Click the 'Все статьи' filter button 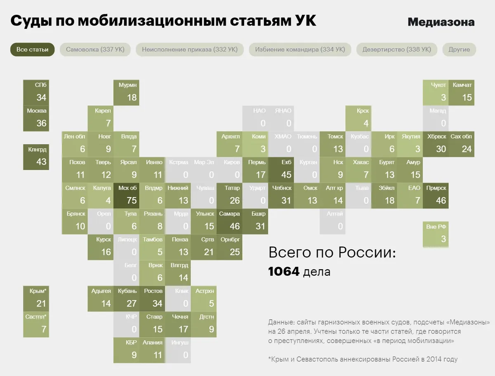(x=32, y=49)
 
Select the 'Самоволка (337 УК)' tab (x=95, y=49)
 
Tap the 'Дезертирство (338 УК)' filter (x=396, y=49)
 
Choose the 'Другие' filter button (x=459, y=49)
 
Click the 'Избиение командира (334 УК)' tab (x=300, y=49)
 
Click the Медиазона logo (x=441, y=22)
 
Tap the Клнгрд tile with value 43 (x=36, y=157)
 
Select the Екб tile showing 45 (x=281, y=169)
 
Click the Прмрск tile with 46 (x=436, y=195)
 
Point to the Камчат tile (x=462, y=92)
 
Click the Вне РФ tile (x=436, y=234)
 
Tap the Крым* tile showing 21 (x=36, y=298)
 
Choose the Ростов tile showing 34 (x=153, y=298)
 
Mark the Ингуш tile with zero (x=178, y=350)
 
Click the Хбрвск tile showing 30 (x=436, y=143)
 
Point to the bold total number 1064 (x=283, y=272)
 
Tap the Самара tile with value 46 (x=230, y=221)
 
